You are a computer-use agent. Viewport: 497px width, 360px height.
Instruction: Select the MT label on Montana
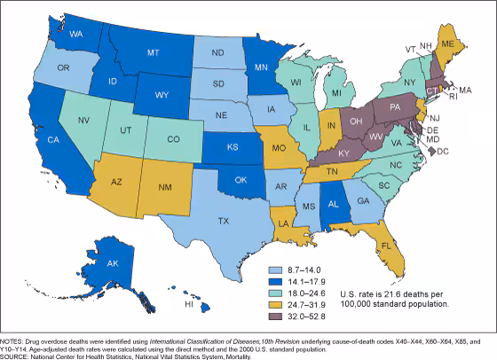(153, 52)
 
